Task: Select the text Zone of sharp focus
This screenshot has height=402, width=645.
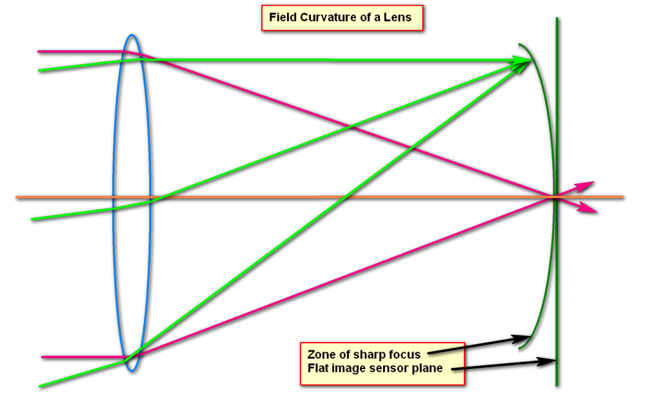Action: tap(364, 354)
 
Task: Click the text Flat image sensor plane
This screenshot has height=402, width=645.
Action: tap(375, 368)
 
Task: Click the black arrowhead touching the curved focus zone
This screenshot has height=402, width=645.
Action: tap(523, 337)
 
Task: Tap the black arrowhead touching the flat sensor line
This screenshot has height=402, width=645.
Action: tap(550, 361)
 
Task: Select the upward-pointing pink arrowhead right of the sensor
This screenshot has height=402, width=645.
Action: tap(586, 186)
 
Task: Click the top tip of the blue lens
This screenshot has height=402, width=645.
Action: tap(131, 35)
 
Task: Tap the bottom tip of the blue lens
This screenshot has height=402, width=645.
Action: tap(131, 371)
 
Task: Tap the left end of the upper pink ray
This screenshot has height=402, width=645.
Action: tap(39, 51)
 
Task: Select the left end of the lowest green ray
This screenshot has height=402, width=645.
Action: tap(40, 386)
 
